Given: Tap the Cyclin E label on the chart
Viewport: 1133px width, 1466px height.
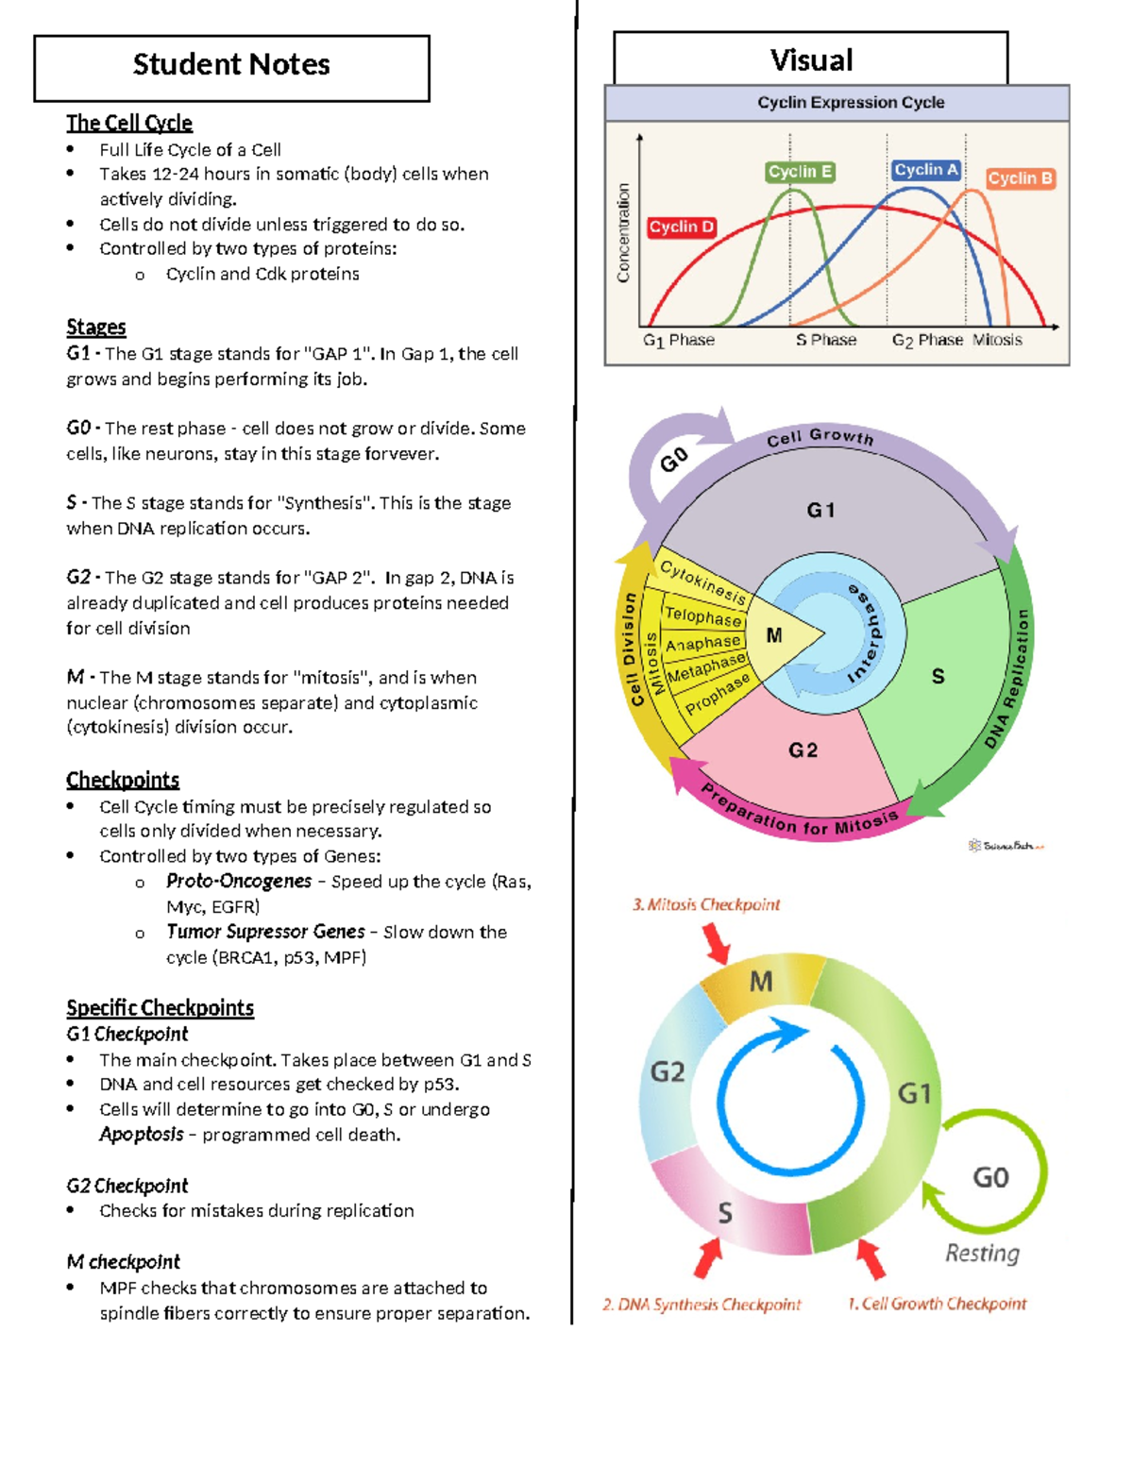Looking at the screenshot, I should coord(800,172).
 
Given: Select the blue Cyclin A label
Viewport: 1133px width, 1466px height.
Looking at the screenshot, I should coord(925,170).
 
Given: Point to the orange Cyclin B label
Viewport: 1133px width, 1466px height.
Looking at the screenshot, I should coord(1020,178).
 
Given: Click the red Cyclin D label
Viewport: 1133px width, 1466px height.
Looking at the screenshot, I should coord(682,227).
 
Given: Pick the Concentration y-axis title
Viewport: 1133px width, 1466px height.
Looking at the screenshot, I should coord(623,233).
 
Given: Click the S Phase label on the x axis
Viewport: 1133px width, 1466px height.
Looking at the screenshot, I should coord(826,340).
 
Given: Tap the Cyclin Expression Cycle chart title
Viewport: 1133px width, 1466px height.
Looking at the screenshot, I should coord(851,103).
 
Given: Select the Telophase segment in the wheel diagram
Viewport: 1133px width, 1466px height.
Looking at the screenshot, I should coord(702,615).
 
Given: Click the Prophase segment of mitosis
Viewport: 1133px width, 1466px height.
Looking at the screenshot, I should coord(718,694).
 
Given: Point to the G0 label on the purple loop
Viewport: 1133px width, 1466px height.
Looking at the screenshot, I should coord(674,461).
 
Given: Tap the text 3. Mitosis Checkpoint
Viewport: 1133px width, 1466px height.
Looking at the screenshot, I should coord(706,904).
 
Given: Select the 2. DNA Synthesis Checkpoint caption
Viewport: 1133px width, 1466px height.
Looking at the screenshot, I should coord(702,1305).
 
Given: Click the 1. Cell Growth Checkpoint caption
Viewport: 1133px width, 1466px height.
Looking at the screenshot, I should coord(937,1304).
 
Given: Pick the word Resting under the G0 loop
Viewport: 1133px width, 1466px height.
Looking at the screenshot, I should coord(983,1254).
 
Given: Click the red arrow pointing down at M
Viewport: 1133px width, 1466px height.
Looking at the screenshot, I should coord(717,943).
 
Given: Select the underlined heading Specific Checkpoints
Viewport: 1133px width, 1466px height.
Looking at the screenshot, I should coord(160,1008).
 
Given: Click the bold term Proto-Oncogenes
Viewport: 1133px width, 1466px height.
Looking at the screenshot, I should coord(239,882).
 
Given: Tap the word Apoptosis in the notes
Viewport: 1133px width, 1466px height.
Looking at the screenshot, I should coord(142,1135).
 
